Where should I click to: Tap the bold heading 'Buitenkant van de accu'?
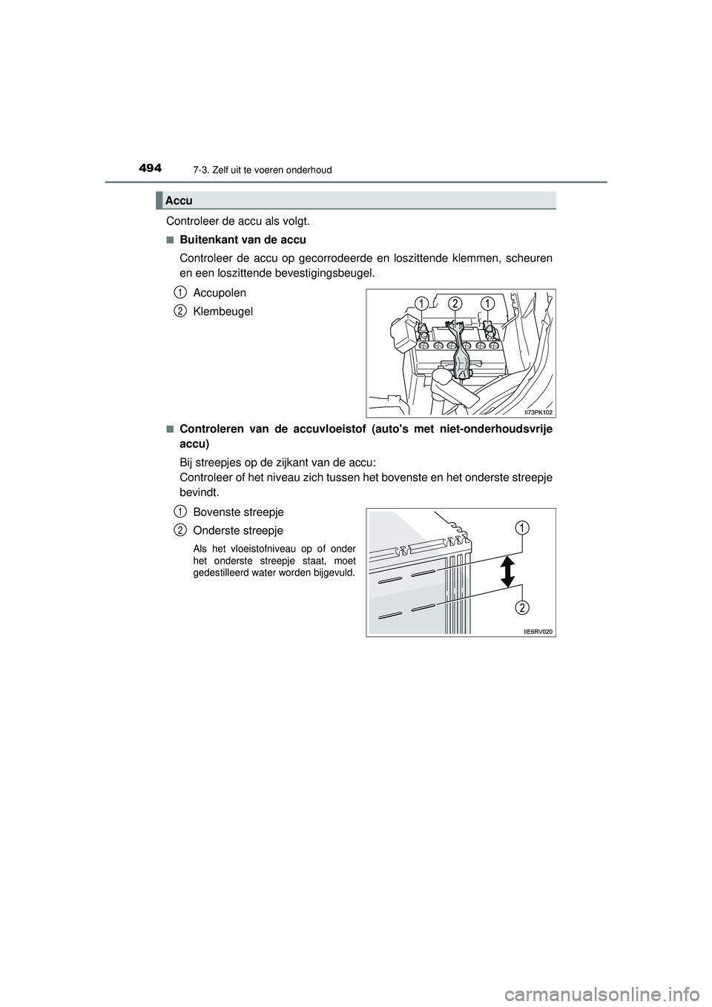243,240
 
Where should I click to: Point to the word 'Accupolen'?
219,293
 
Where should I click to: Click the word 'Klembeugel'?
222,311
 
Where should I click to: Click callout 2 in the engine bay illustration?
454,302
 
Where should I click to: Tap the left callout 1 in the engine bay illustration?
421,302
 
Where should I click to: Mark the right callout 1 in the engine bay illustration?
487,302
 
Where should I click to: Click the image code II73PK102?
538,411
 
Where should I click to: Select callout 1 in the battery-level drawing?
522,527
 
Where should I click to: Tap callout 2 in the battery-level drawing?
522,608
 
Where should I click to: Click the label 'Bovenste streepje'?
237,512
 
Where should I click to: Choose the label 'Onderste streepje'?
237,531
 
